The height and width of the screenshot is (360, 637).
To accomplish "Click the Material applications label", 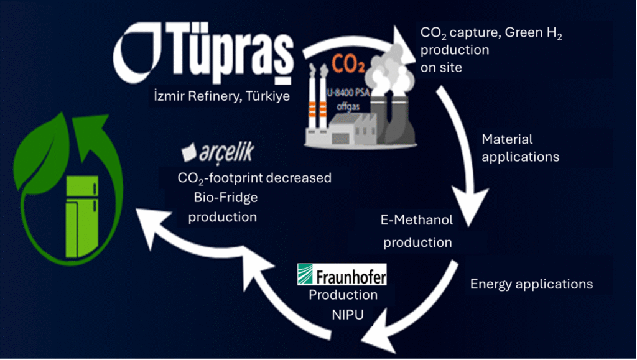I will click(x=520, y=148).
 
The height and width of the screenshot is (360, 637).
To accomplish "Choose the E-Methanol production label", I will click(x=417, y=231).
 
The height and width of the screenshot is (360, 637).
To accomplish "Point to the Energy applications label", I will click(x=531, y=284).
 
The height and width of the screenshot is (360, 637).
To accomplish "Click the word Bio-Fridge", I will click(x=222, y=198).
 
